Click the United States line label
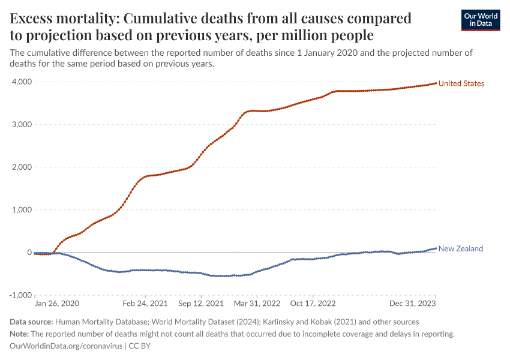click(x=461, y=83)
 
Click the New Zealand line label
click(x=460, y=248)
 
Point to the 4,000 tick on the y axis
click(x=22, y=82)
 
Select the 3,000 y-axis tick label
click(x=22, y=125)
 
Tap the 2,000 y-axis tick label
click(x=22, y=167)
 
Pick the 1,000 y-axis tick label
click(x=22, y=210)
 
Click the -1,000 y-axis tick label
click(x=20, y=295)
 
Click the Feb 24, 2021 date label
click(x=145, y=304)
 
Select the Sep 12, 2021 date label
click(x=201, y=304)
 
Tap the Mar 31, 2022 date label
click(x=257, y=304)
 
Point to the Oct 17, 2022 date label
click(x=314, y=304)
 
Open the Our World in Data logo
click(x=480, y=20)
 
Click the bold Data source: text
click(x=33, y=322)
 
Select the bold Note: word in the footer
click(x=21, y=334)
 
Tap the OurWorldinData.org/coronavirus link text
click(x=66, y=346)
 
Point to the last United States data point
click(x=436, y=83)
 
